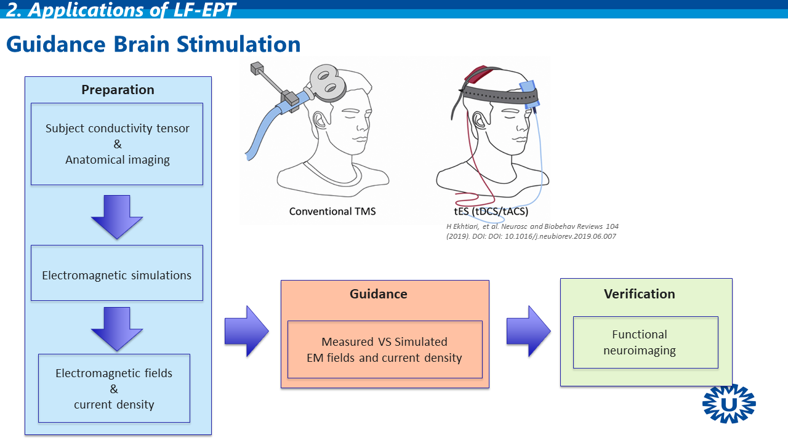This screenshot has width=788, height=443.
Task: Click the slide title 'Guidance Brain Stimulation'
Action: click(153, 44)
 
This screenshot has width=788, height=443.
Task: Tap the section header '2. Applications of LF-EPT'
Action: click(121, 10)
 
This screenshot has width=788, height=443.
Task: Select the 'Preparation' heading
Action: click(118, 90)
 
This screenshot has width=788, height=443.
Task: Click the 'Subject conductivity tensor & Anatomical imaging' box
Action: click(117, 144)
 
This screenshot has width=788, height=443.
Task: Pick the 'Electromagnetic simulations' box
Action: click(117, 275)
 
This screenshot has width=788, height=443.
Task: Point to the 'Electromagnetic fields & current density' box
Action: click(114, 388)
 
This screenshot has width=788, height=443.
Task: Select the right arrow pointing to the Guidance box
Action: click(246, 331)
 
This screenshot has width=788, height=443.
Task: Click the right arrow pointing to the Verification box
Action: click(528, 331)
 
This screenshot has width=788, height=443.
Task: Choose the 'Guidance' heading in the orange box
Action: click(379, 294)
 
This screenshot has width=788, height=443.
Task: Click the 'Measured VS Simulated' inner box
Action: click(385, 349)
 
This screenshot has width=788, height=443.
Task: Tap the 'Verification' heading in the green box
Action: click(640, 294)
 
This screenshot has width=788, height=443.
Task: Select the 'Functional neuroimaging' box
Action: click(645, 342)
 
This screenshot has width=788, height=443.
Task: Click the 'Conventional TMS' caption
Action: click(332, 212)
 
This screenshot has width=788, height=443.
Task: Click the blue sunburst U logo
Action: click(729, 404)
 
